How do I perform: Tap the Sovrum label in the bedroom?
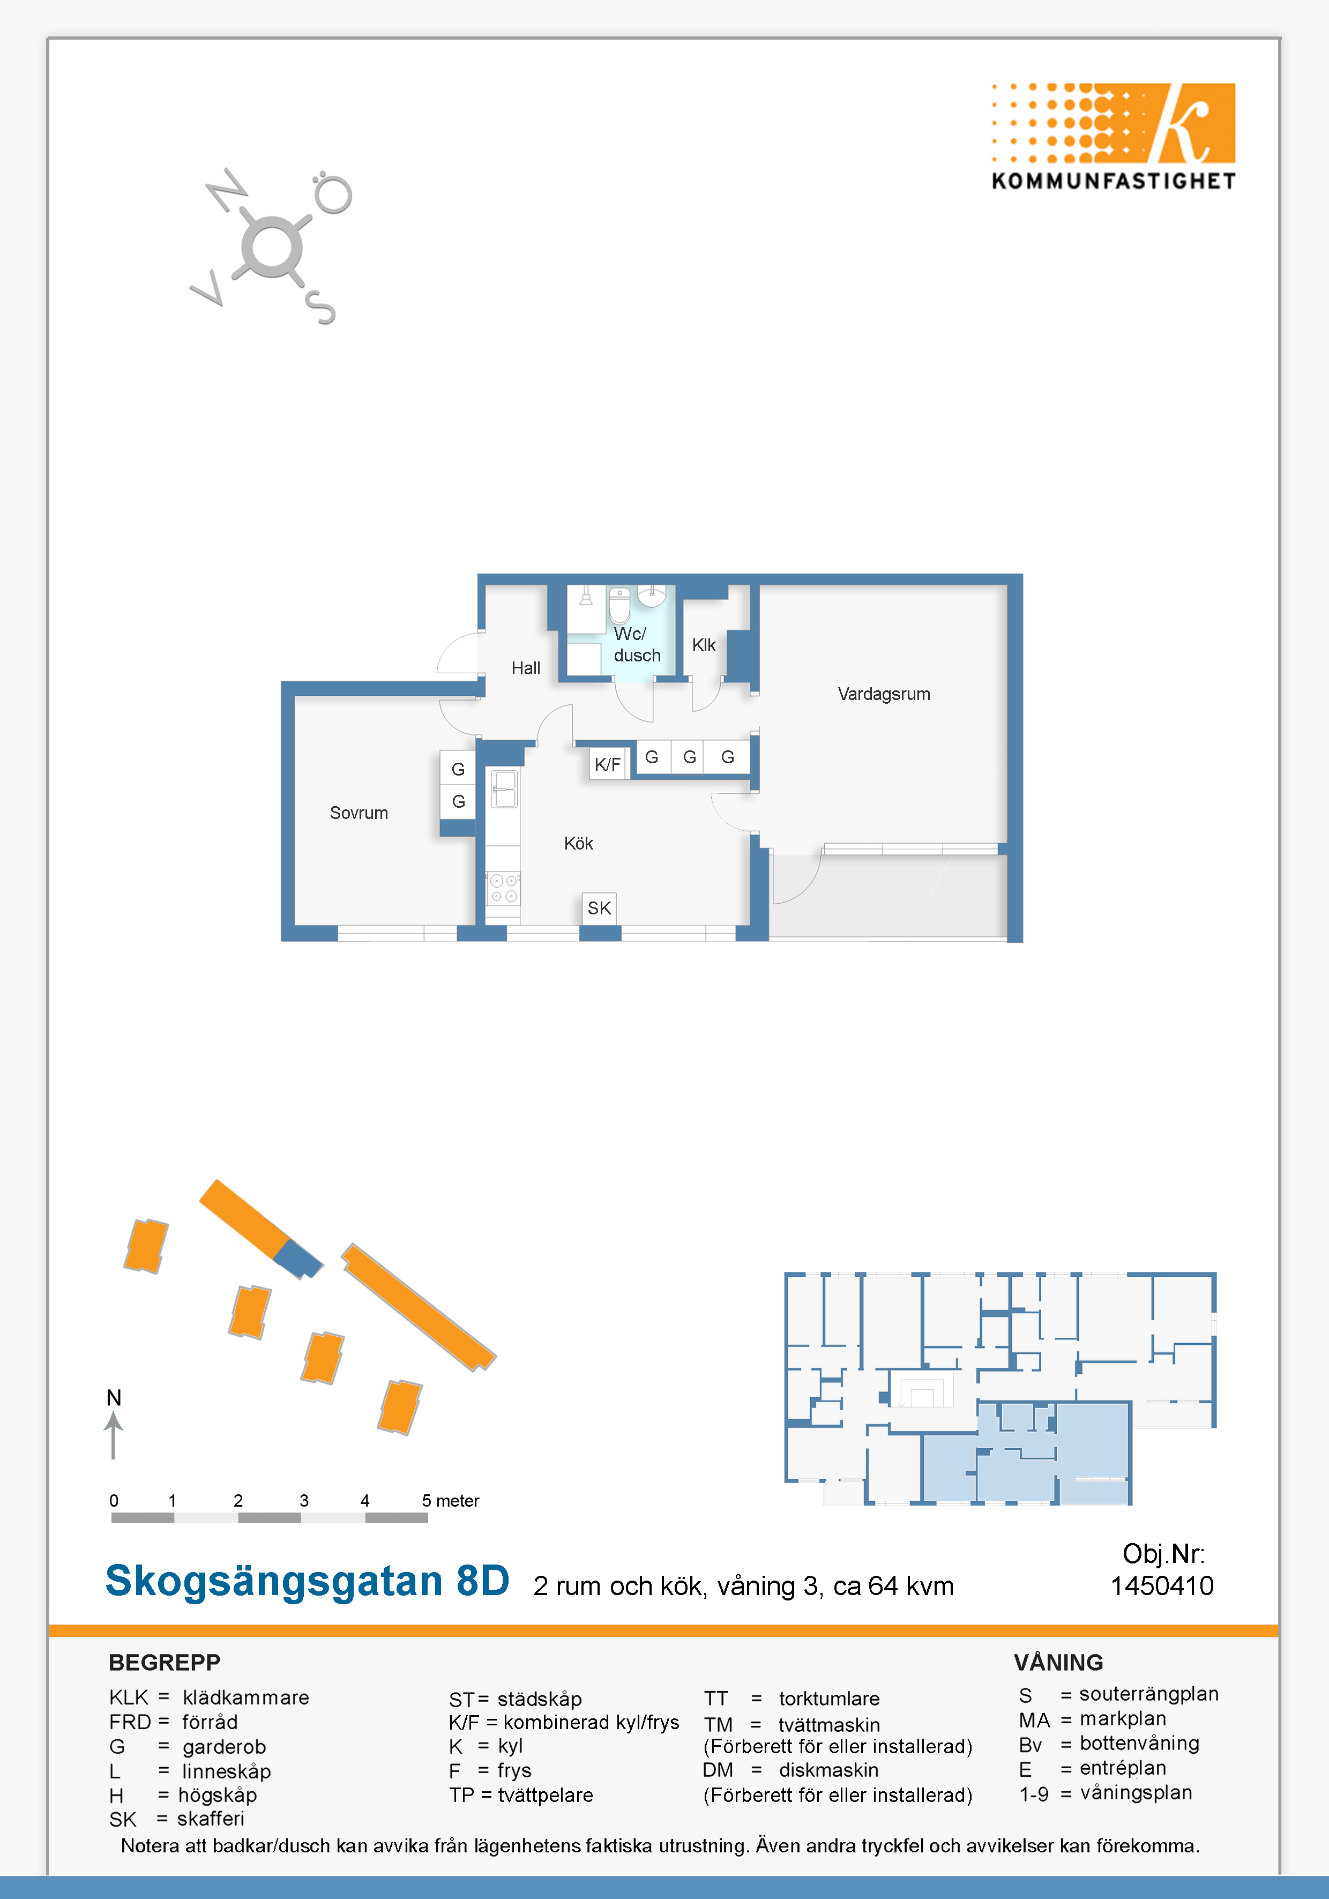click(359, 813)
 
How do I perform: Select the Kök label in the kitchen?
click(578, 844)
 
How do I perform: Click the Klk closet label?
click(704, 645)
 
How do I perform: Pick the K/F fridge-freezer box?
click(608, 764)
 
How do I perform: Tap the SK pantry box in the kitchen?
click(600, 908)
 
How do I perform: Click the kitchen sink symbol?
click(504, 789)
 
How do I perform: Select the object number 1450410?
click(1161, 1585)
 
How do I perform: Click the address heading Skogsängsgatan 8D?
click(308, 1581)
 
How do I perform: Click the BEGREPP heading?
click(165, 1663)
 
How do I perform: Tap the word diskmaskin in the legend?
click(828, 1770)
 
